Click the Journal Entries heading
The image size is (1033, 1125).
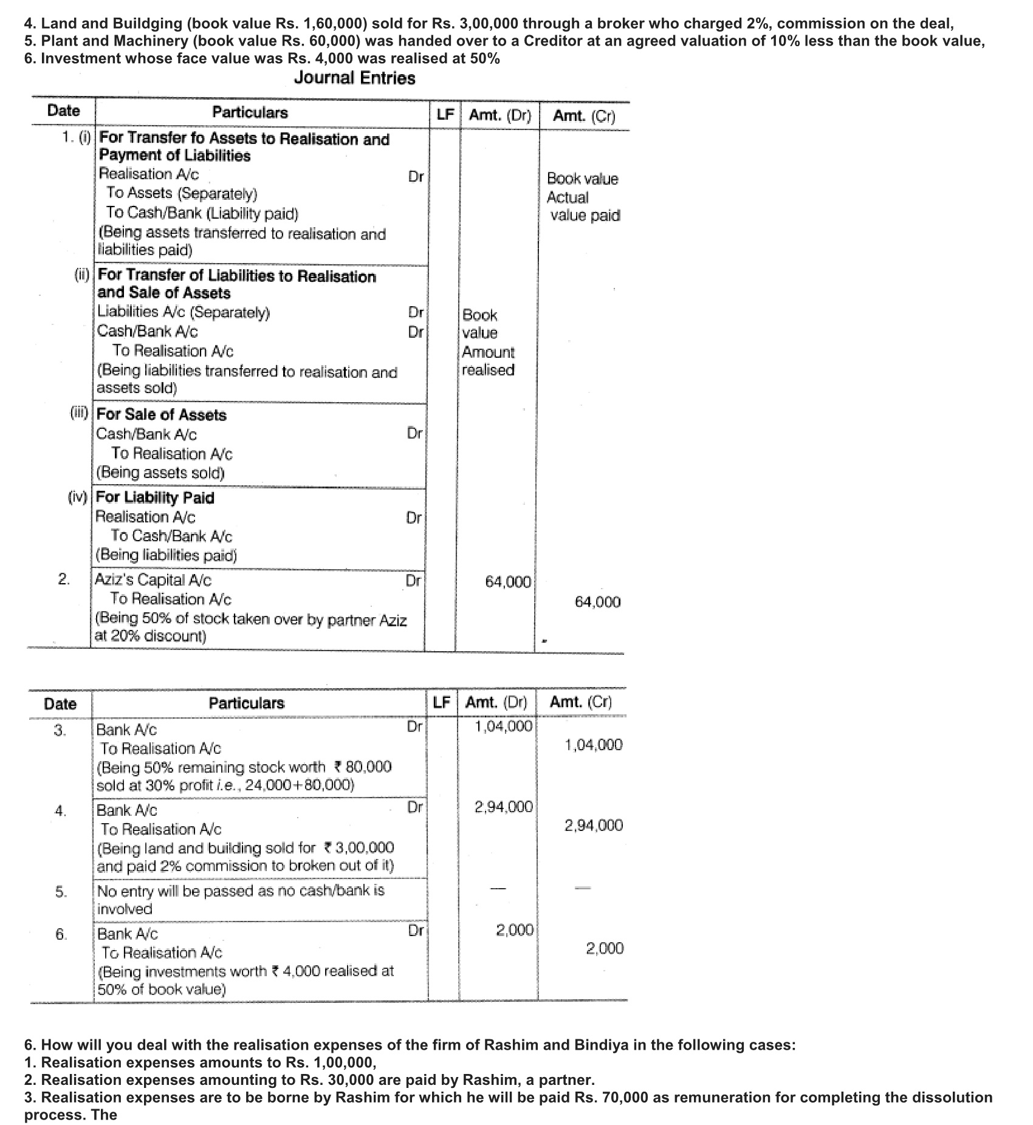[354, 78]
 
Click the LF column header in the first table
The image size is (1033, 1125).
[445, 115]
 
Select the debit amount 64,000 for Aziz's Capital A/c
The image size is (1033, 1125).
[508, 582]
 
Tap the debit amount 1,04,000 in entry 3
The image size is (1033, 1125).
[504, 726]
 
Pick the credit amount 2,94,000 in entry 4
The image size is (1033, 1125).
[594, 826]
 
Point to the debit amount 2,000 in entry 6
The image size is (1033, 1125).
[515, 931]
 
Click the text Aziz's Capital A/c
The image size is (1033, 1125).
[154, 580]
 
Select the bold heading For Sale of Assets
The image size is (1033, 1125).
[162, 415]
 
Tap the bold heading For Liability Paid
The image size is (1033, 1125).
[156, 498]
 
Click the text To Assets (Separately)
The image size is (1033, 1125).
[182, 194]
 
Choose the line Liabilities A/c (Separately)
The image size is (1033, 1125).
[184, 313]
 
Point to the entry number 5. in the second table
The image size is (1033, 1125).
[61, 892]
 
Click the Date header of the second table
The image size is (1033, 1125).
[60, 705]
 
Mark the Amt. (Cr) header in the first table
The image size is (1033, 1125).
[584, 117]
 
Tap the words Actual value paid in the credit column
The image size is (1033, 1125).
[583, 207]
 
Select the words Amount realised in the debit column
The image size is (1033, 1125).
[488, 361]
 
